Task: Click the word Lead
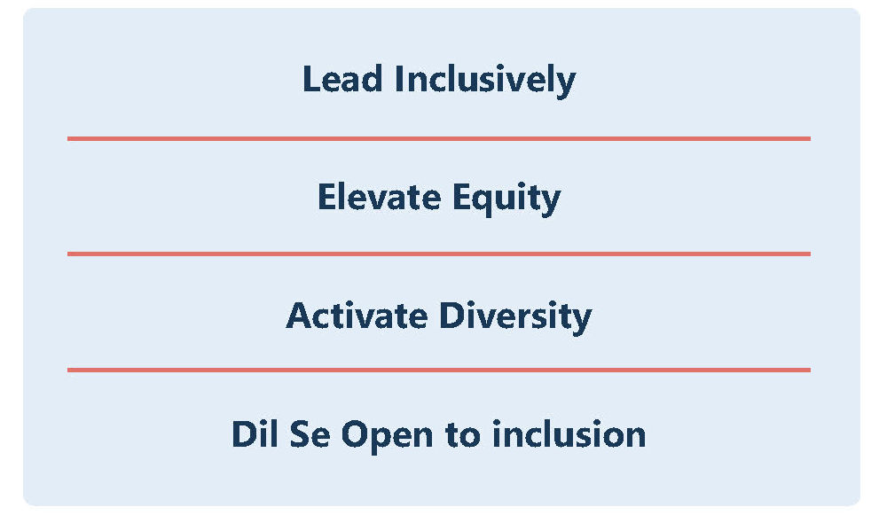(342, 79)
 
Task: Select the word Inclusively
(485, 81)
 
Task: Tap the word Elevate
(380, 197)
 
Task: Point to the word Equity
(506, 199)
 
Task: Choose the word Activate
(357, 316)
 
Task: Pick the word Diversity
(515, 317)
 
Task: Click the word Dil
(255, 433)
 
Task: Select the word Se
(310, 435)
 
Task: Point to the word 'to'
(463, 435)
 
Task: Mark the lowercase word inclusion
(569, 433)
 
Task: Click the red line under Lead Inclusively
(439, 138)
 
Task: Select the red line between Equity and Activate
(439, 254)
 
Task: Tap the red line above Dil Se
(439, 370)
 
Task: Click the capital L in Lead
(311, 79)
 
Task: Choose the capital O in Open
(356, 435)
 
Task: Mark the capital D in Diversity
(453, 316)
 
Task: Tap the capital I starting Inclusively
(399, 79)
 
